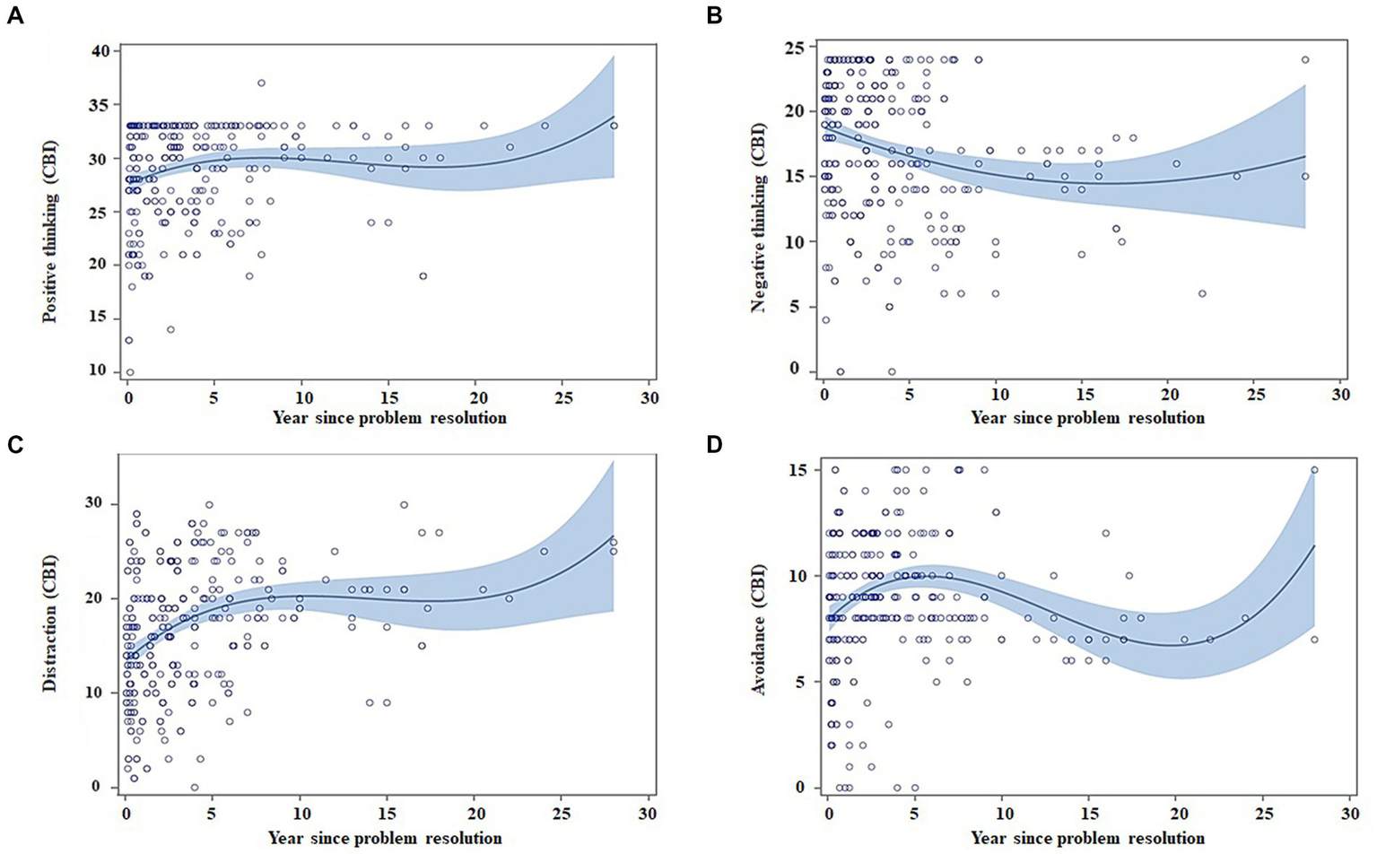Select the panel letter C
14,445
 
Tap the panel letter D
714,445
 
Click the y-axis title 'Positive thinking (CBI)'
49,231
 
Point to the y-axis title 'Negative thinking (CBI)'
757,231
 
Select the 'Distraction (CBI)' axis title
49,623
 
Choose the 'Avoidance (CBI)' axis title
757,627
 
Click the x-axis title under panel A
389,418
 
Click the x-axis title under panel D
1087,839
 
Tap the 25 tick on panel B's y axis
795,46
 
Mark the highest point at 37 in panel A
261,83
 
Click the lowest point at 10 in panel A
130,371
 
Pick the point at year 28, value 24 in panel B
1305,60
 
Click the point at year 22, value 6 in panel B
1202,293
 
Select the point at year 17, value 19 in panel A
423,276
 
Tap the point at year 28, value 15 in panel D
1314,470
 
